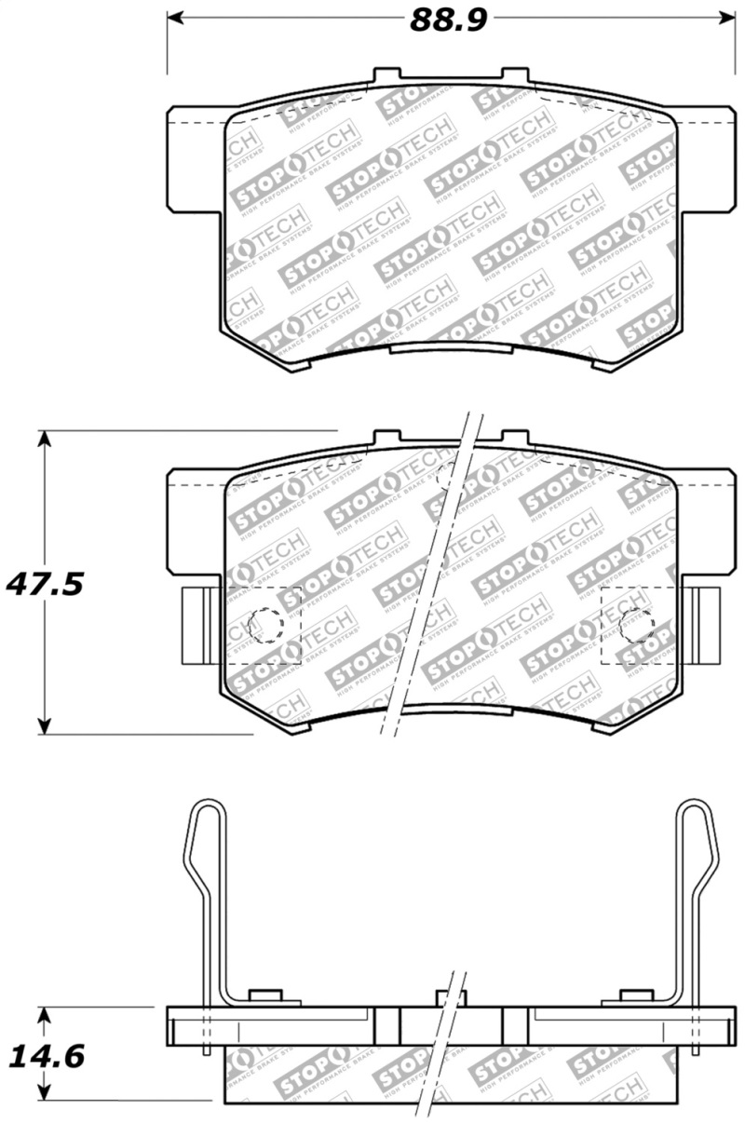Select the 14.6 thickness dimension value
(x=47, y=1056)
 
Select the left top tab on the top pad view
(x=387, y=76)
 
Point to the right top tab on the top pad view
(x=515, y=76)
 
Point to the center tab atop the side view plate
(x=450, y=998)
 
